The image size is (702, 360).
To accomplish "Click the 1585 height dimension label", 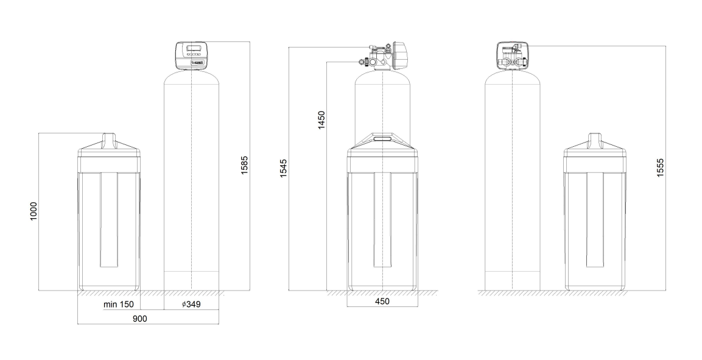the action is click(x=244, y=165).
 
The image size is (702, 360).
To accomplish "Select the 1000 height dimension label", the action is click(x=33, y=211).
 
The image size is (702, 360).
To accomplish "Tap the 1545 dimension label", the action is click(x=284, y=168).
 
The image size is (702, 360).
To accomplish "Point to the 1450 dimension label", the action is click(x=321, y=120).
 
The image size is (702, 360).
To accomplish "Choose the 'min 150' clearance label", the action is click(x=119, y=305).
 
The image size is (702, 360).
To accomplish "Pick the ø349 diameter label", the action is click(x=191, y=305).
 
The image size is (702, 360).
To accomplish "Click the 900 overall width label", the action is click(x=139, y=319).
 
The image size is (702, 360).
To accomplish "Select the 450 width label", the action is click(x=382, y=302).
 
